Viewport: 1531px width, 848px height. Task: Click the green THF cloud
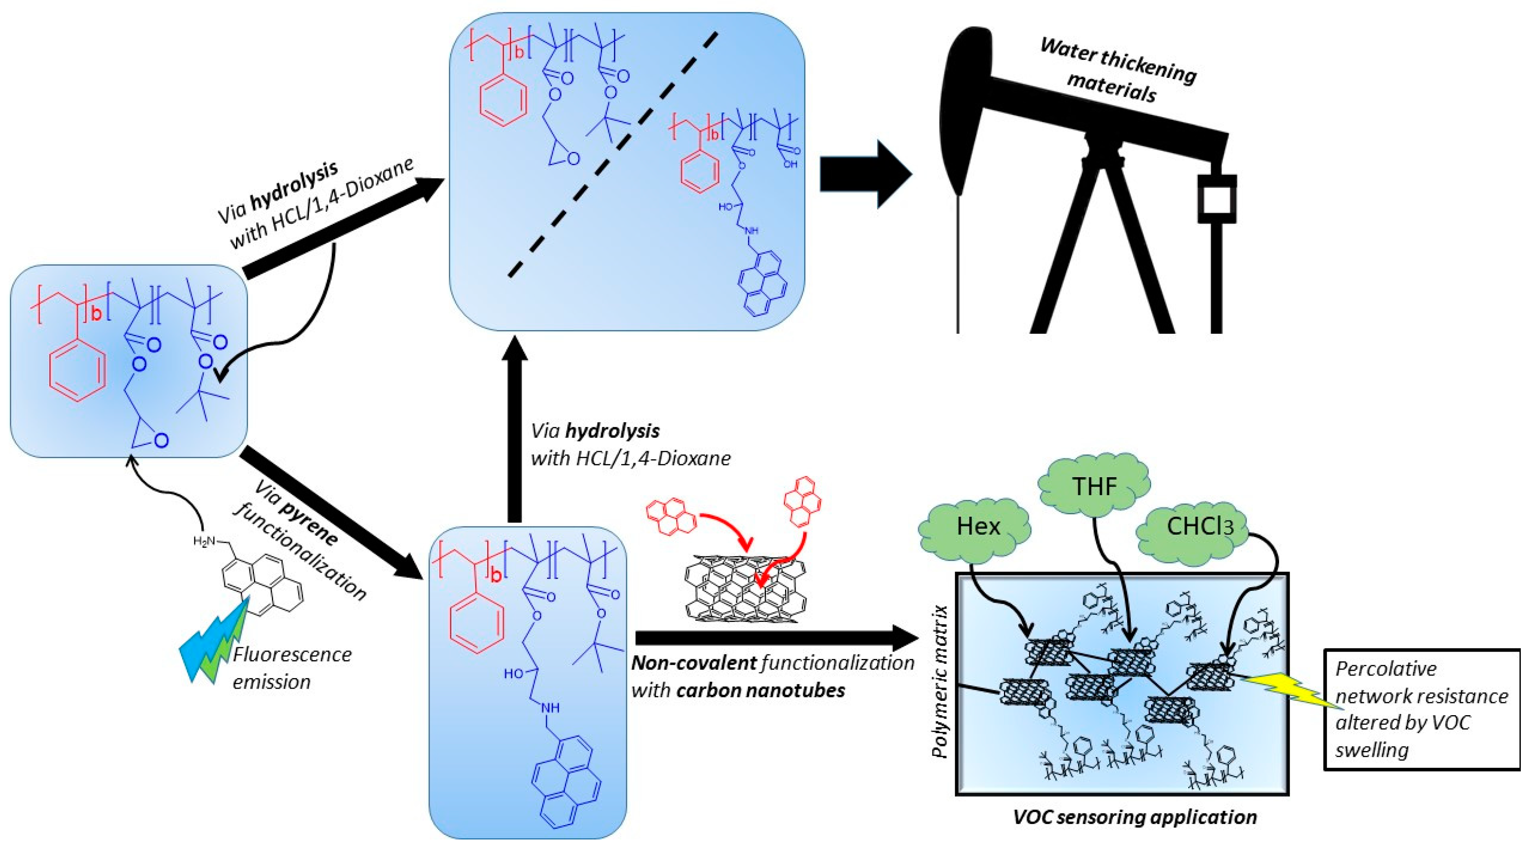tap(1094, 487)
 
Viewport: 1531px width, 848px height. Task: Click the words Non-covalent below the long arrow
tap(693, 663)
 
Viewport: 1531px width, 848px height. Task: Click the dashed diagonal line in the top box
tap(612, 154)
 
